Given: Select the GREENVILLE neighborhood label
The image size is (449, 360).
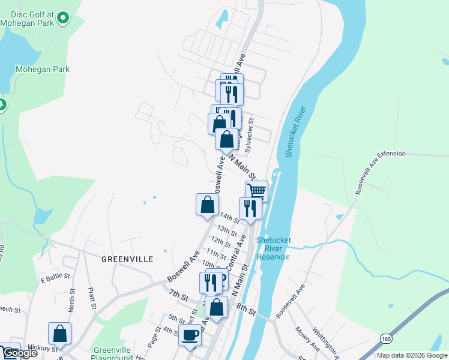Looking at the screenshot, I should coord(127,259).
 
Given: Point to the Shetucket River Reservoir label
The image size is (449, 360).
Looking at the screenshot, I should coord(273,248).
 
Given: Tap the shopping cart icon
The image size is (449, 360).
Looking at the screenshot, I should coord(256,191).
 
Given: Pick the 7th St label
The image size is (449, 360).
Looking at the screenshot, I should coord(178,296).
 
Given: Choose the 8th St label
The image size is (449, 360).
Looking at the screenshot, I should coord(246,311).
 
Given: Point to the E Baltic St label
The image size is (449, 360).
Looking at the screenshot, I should coord(55,279).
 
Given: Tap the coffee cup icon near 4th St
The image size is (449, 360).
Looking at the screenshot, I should coord(190,335).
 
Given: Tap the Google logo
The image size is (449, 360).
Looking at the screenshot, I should coord(19,353).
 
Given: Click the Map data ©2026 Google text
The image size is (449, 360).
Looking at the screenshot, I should coord(412,355).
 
